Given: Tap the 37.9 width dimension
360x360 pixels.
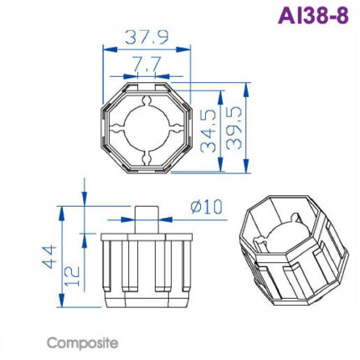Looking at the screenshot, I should point(147,38).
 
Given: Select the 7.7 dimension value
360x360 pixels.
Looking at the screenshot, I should point(147,64).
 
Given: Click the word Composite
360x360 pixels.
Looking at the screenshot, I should point(83,343).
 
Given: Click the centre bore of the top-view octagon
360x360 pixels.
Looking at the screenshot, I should point(147,127).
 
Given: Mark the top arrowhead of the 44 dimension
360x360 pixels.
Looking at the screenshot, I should point(61,207).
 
